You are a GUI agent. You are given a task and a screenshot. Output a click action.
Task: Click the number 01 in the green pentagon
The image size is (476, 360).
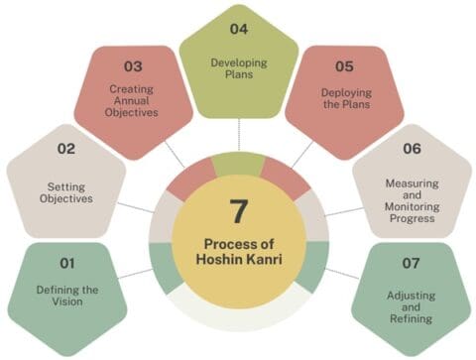click(x=67, y=264)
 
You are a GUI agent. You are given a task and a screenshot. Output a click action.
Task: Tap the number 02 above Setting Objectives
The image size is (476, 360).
click(x=66, y=150)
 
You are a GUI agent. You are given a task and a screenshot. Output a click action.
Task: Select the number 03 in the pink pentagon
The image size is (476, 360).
click(x=133, y=66)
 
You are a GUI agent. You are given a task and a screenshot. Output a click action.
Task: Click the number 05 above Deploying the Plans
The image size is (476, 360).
click(x=344, y=66)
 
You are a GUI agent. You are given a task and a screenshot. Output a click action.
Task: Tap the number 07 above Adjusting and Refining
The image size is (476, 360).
click(x=410, y=264)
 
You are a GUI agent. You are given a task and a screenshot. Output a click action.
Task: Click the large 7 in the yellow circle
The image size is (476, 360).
click(x=238, y=210)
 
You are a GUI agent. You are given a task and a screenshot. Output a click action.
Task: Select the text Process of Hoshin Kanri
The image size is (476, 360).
click(x=238, y=253)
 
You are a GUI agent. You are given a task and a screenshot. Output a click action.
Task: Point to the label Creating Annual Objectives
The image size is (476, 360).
click(x=132, y=100)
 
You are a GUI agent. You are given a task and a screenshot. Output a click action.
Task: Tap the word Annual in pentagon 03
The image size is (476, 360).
click(x=132, y=100)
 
